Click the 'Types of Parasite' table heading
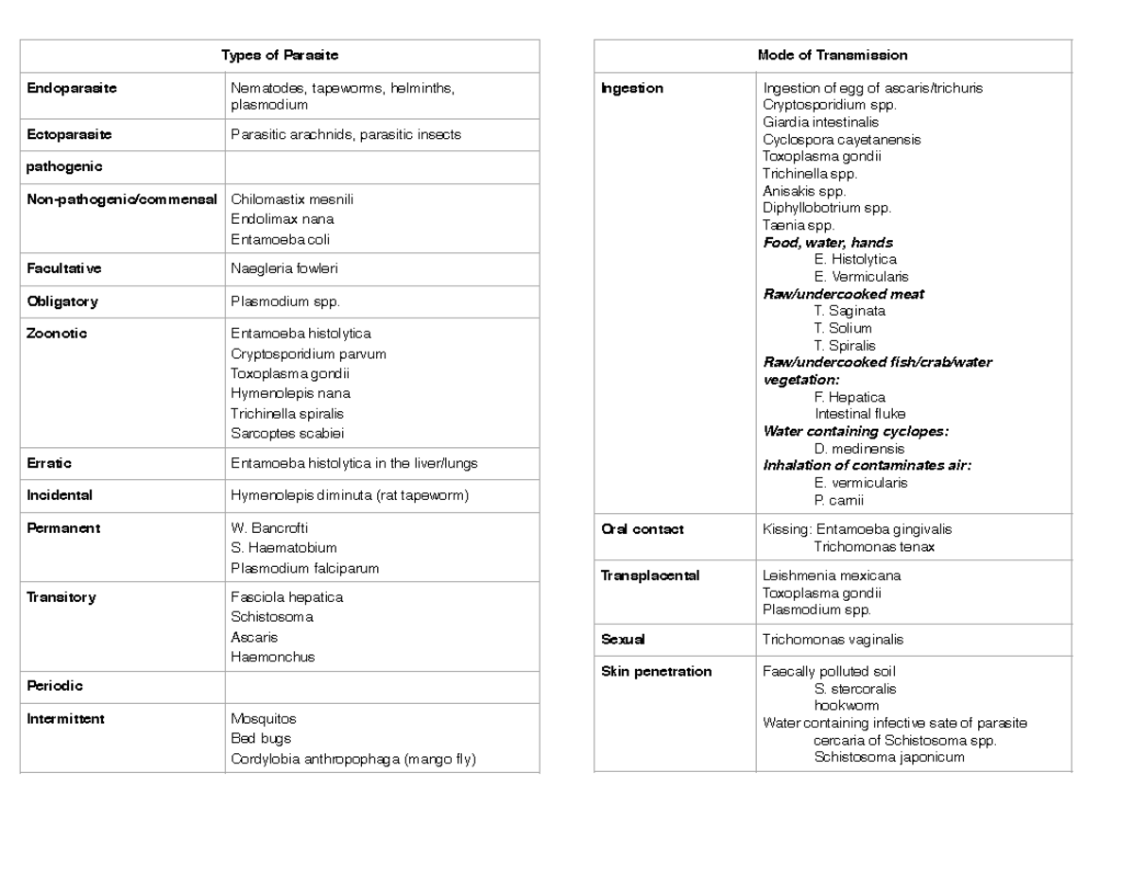279,56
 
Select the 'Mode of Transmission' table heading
832,56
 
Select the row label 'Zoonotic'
57,334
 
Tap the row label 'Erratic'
49,464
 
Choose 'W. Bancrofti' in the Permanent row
269,528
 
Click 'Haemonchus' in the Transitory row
272,657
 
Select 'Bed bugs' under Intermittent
261,739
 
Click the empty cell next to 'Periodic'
381,686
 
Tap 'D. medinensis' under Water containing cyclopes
858,449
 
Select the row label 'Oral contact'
643,529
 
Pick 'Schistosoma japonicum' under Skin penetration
888,757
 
